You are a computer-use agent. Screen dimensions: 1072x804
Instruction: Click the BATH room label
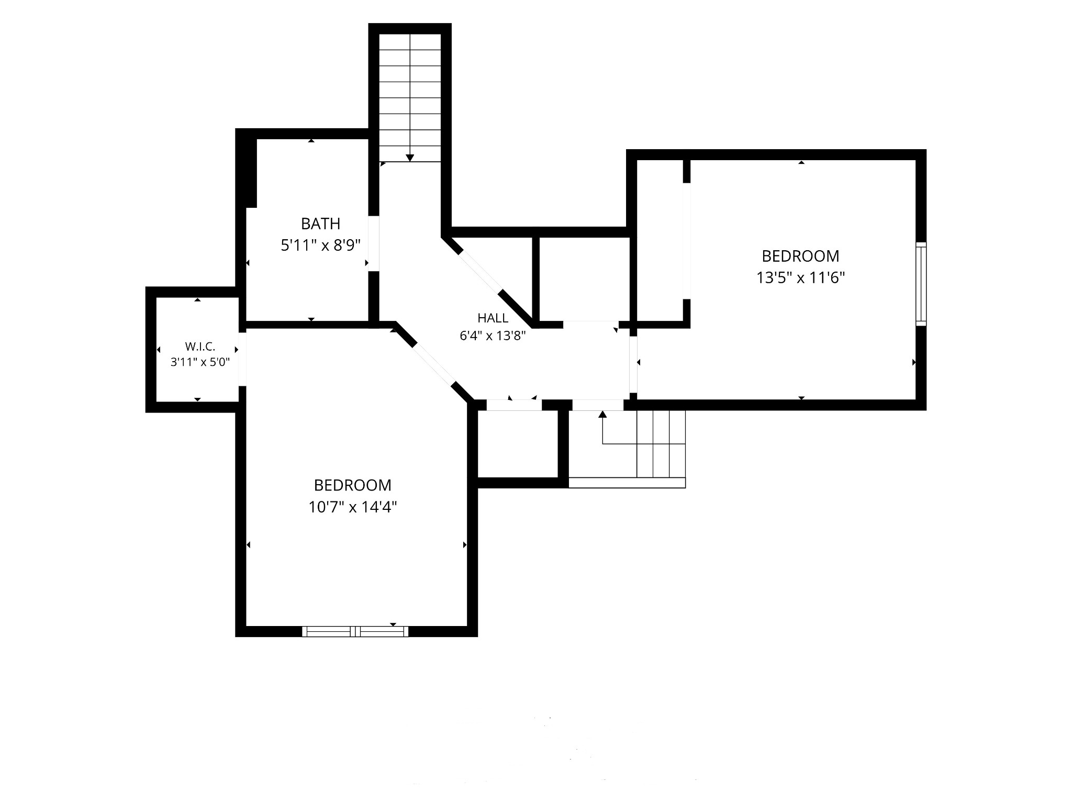(x=320, y=224)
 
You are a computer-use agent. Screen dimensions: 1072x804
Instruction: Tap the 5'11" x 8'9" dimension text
(x=321, y=245)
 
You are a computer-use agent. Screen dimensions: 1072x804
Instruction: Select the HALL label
(x=493, y=318)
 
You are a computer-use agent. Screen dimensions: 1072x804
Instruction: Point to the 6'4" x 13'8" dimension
(x=493, y=336)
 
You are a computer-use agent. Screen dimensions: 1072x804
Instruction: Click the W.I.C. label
(x=200, y=347)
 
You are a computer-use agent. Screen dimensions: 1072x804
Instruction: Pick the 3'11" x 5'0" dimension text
(x=200, y=362)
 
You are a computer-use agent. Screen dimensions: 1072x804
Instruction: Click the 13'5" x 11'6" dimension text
(x=800, y=277)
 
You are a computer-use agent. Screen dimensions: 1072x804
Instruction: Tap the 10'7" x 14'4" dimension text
(x=353, y=507)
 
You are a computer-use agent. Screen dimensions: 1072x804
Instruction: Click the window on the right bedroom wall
(x=921, y=284)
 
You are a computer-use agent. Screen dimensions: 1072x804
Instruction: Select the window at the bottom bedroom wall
(x=355, y=631)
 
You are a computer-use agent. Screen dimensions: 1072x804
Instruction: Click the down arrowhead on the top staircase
(x=410, y=158)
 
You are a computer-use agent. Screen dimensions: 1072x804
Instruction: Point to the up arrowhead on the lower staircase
(x=602, y=414)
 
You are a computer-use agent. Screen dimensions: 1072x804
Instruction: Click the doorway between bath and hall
(x=374, y=243)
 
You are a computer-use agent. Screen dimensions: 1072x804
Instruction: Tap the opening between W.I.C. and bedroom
(x=242, y=359)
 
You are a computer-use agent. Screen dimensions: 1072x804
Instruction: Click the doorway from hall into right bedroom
(x=633, y=364)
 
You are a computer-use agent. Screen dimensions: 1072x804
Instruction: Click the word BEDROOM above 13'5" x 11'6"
(x=800, y=256)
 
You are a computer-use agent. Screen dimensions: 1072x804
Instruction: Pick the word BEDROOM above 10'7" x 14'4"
(x=353, y=485)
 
